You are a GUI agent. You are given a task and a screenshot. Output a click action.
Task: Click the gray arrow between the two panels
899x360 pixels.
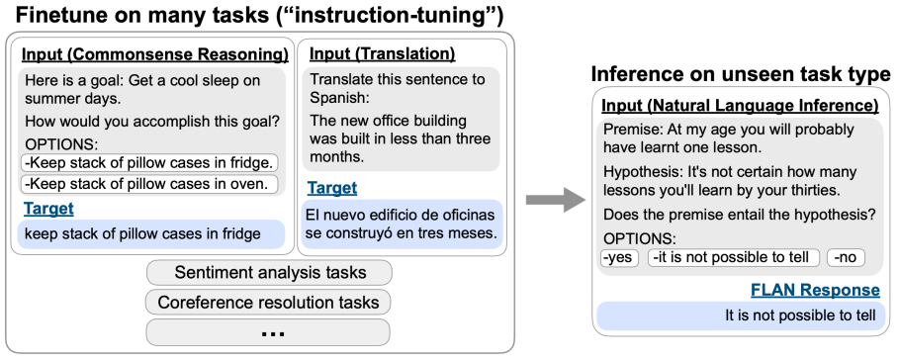[x=555, y=200]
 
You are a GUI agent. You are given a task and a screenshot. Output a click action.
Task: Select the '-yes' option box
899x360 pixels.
[x=619, y=258]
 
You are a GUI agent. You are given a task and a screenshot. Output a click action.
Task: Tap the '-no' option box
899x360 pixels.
[x=846, y=258]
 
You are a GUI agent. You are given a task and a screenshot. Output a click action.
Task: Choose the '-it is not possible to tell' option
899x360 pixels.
[x=734, y=258]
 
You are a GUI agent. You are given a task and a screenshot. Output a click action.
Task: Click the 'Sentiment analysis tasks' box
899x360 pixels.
[x=269, y=272]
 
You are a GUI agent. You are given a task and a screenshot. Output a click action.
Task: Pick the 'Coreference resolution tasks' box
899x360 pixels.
[x=268, y=302]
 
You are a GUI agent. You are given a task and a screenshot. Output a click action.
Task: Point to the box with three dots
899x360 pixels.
[x=268, y=332]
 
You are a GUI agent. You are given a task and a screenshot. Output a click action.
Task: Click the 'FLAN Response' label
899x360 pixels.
[x=815, y=290]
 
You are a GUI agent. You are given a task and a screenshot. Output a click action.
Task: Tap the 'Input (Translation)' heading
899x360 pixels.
[x=383, y=53]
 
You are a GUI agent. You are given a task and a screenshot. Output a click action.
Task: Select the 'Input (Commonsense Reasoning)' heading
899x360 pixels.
[x=155, y=54]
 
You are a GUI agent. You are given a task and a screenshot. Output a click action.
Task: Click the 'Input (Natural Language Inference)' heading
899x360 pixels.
[x=740, y=106]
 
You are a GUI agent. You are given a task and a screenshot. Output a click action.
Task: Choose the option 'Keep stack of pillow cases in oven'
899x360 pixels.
[x=149, y=184]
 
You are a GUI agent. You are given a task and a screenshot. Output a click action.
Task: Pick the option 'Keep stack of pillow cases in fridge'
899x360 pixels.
[x=149, y=163]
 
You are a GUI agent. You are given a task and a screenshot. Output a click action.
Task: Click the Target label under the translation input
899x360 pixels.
[x=332, y=188]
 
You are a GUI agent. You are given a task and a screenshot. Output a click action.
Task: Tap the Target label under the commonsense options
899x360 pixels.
[x=48, y=209]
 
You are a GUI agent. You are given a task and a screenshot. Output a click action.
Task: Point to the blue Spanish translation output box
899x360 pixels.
[x=402, y=225]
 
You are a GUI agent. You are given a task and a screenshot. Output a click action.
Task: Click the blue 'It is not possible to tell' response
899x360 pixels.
[x=741, y=315]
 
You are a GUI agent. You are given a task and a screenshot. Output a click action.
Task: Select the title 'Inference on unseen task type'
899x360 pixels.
[x=741, y=74]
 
